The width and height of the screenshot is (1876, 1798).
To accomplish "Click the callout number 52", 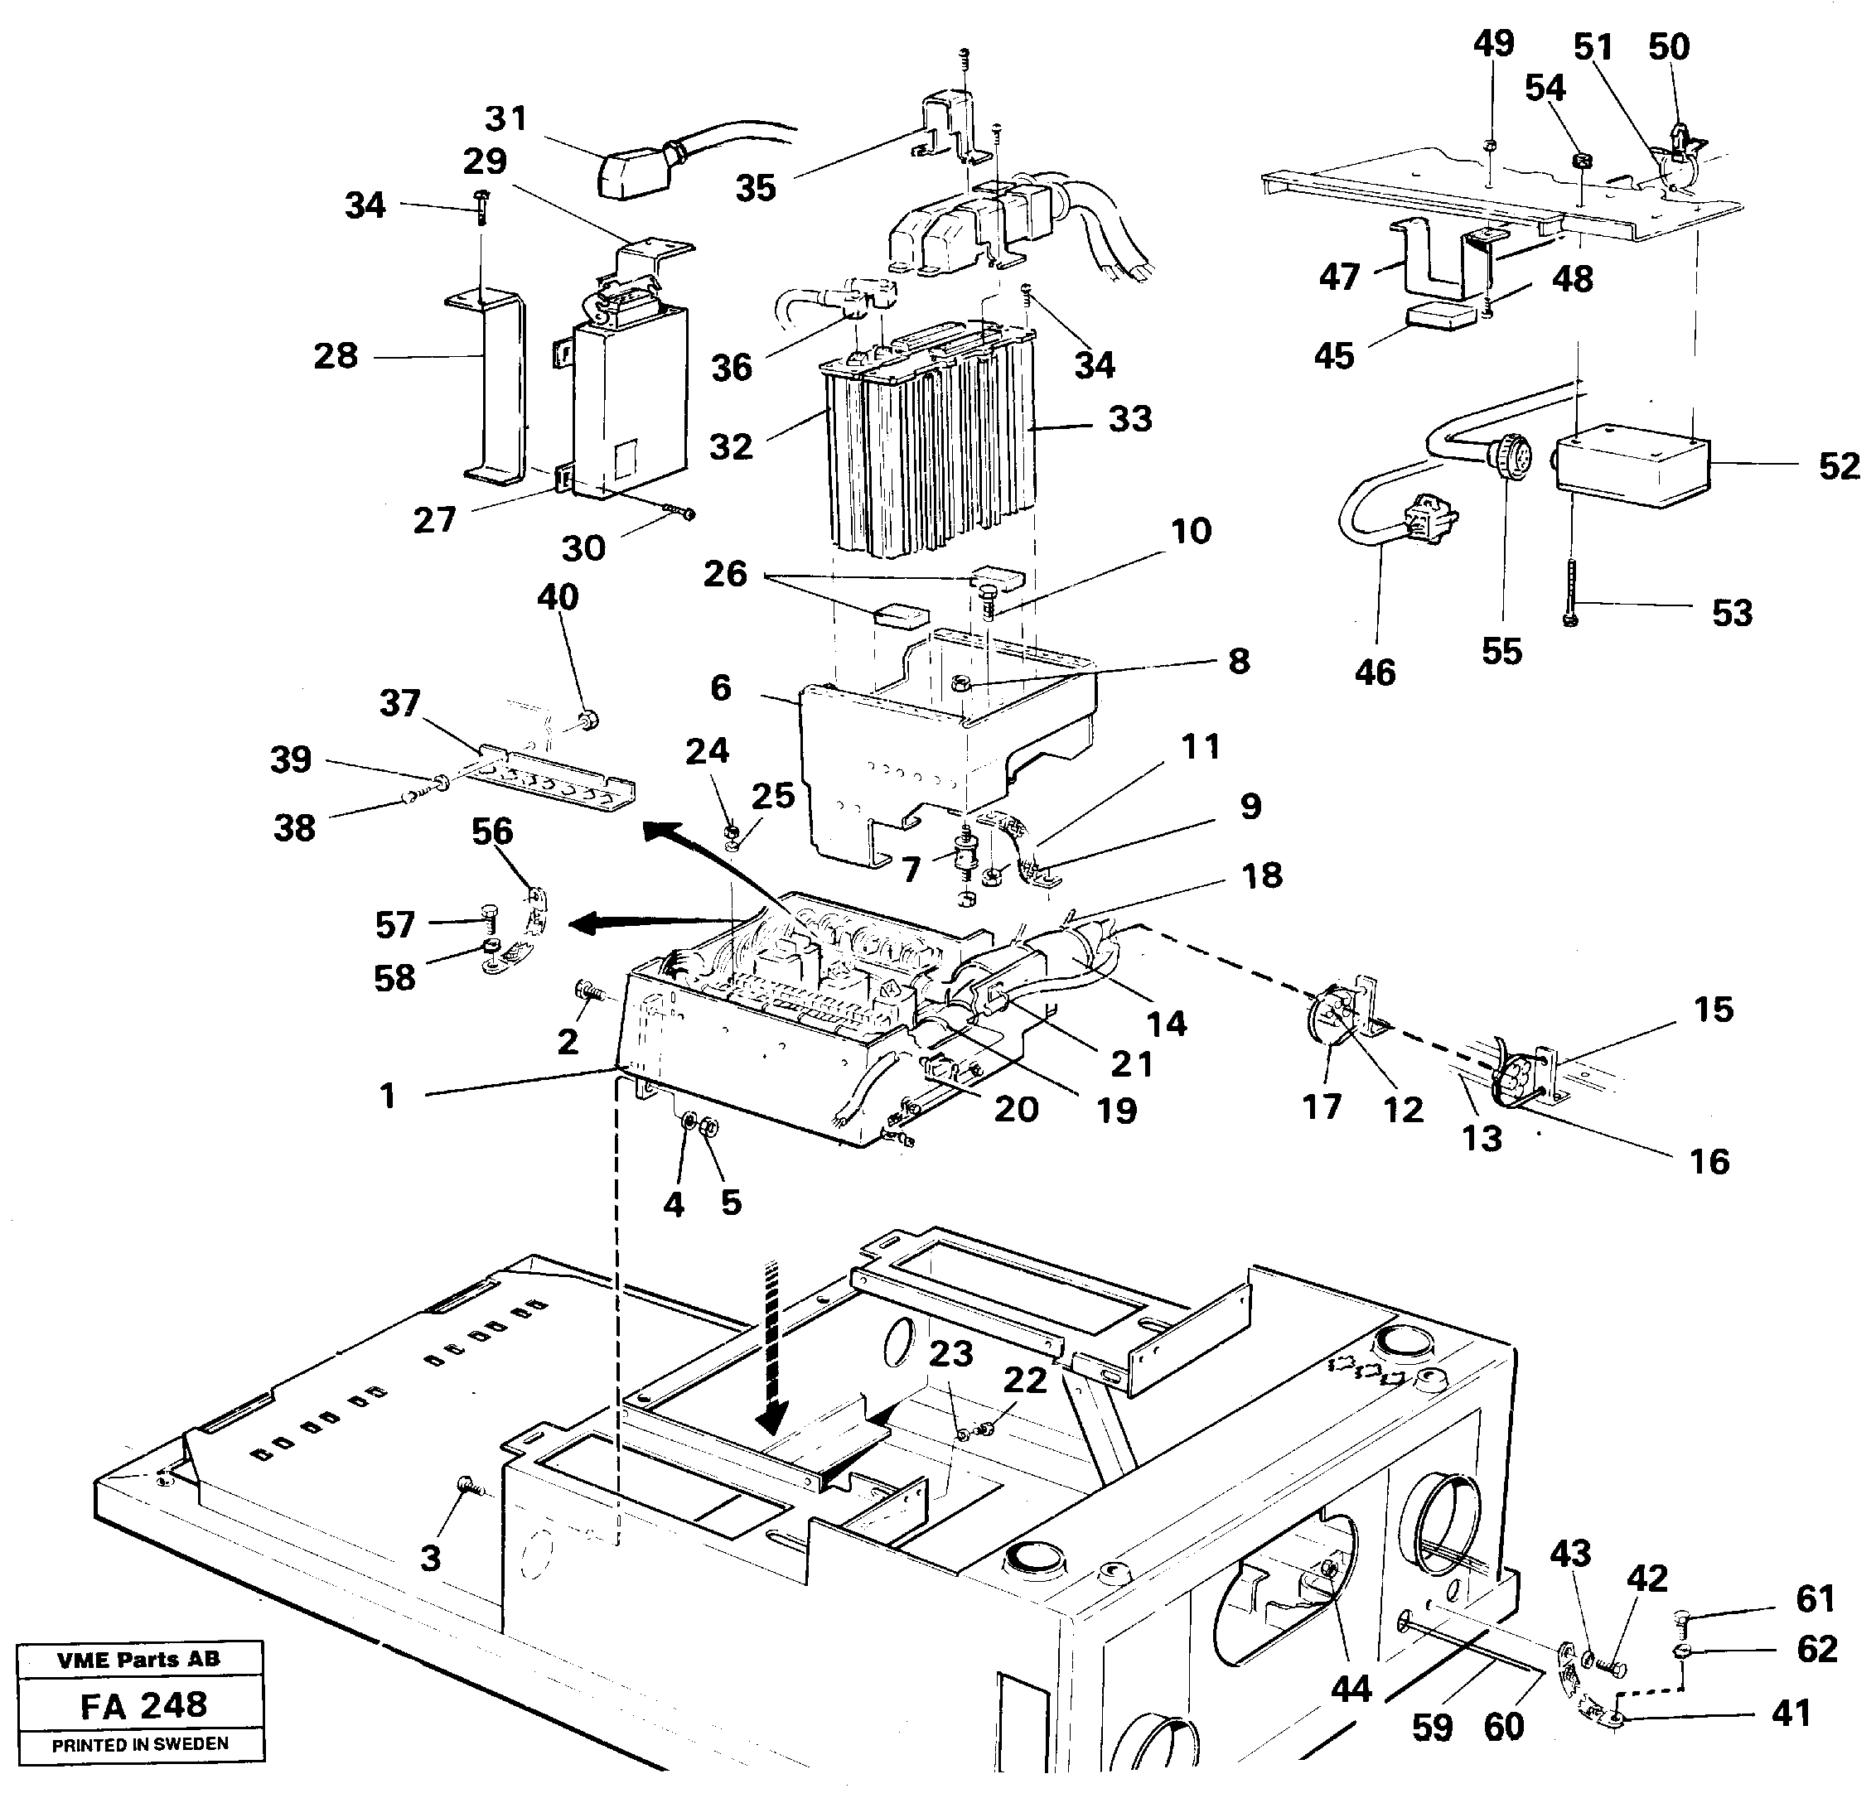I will (x=1838, y=467).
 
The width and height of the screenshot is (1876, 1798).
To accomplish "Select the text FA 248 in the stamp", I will (x=143, y=1705).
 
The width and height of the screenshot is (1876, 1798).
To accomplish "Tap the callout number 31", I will (x=505, y=118).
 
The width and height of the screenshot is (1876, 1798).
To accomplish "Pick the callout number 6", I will (x=721, y=687).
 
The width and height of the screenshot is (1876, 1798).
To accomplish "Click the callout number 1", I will (x=387, y=1096).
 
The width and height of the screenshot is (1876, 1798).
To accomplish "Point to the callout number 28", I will (x=335, y=356).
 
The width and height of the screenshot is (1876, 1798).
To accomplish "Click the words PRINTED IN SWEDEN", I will (x=140, y=1744).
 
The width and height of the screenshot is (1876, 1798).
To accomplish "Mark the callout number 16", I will (x=1709, y=1162).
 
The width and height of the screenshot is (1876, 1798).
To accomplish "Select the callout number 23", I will (x=950, y=1353).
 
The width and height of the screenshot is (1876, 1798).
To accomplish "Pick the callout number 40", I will (x=557, y=597).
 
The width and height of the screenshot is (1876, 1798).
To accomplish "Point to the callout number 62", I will (x=1816, y=1649).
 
